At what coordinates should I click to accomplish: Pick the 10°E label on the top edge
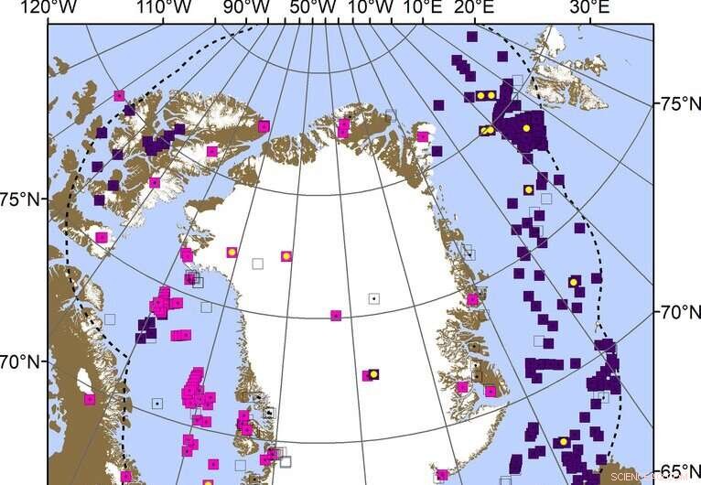422,8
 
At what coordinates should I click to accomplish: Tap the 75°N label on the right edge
679,104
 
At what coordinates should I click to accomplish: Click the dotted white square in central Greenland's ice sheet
373,298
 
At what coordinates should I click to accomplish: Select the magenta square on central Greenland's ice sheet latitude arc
336,316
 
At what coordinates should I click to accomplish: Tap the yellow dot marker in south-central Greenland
373,374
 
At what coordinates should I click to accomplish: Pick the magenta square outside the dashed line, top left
119,95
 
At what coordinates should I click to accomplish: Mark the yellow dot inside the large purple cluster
526,128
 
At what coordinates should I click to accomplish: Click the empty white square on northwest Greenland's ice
257,264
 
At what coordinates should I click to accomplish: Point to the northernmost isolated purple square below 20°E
471,38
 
